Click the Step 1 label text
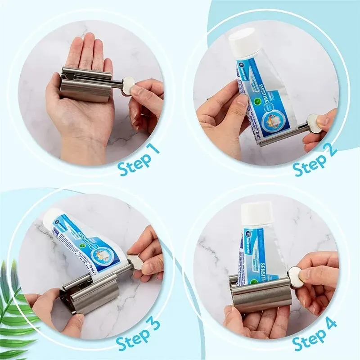pyautogui.click(x=139, y=161)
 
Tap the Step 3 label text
pyautogui.click(x=138, y=335)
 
